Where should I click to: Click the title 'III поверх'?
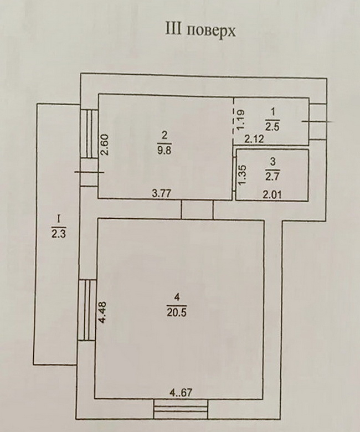pos(200,30)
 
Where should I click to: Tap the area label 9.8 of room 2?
pos(164,151)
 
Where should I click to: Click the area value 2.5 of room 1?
pos(272,127)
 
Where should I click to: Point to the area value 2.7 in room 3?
pos(272,176)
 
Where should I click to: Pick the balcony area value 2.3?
pos(58,234)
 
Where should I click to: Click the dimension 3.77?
pos(162,193)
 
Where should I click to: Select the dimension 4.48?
pos(103,312)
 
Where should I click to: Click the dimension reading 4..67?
pos(180,393)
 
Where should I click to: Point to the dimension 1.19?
pos(240,120)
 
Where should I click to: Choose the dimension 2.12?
pos(254,140)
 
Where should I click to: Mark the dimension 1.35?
pos(242,175)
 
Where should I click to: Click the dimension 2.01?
pos(272,195)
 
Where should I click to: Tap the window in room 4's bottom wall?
pos(181,409)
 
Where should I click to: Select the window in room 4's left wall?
pos(87,310)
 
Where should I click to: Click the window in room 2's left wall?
pos(90,134)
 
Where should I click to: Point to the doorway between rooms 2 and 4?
pos(197,209)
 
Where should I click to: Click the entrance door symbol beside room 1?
pos(318,122)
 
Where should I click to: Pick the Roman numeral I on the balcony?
pos(58,219)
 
